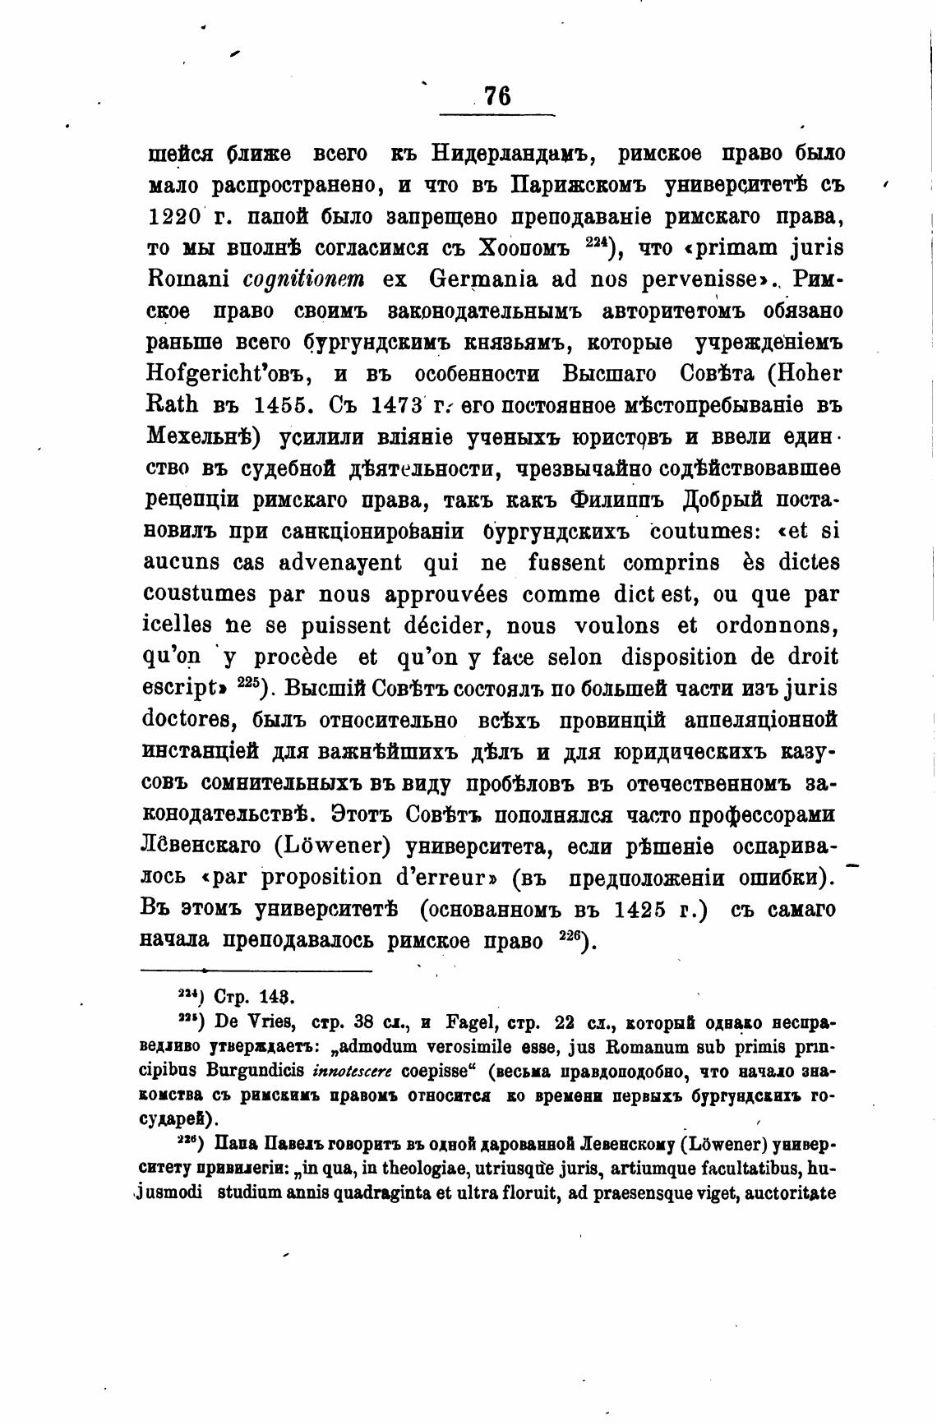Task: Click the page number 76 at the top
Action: point(498,97)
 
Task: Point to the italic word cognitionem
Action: point(307,279)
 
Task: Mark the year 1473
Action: point(397,405)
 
